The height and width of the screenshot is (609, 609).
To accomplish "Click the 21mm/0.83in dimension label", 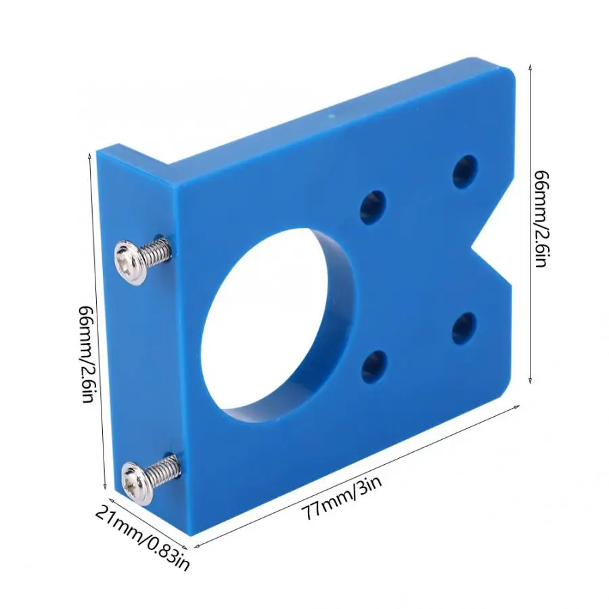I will coord(142,538).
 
